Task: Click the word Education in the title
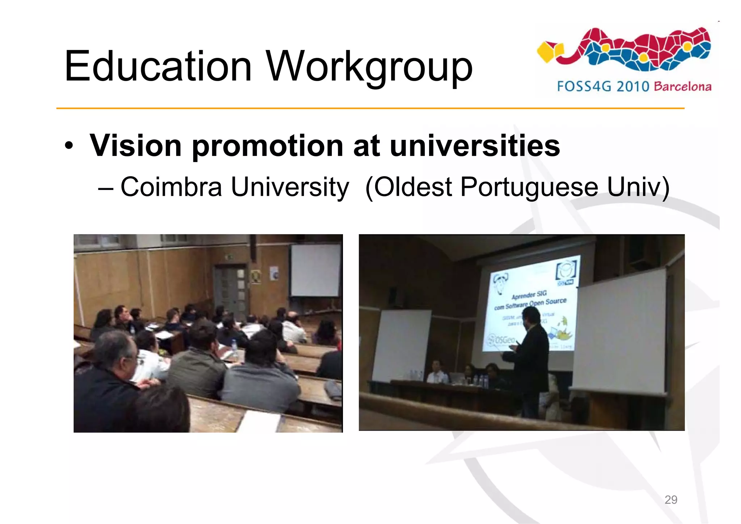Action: pyautogui.click(x=158, y=67)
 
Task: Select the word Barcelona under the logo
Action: pyautogui.click(x=682, y=87)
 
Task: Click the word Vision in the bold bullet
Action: pyautogui.click(x=135, y=145)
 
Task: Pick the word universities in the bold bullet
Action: pyautogui.click(x=475, y=145)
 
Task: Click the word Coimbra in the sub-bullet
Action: pyautogui.click(x=171, y=187)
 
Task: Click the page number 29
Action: pyautogui.click(x=671, y=500)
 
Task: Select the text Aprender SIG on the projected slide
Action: pyautogui.click(x=529, y=295)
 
